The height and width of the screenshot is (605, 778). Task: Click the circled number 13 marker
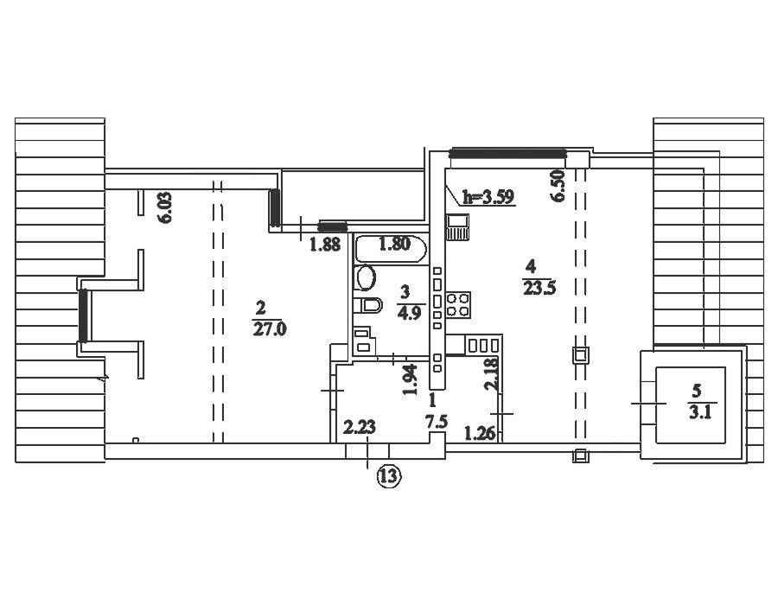(388, 476)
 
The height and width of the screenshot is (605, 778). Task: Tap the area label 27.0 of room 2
(270, 329)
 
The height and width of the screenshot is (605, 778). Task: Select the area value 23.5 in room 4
(539, 288)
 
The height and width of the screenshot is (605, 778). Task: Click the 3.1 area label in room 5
(700, 412)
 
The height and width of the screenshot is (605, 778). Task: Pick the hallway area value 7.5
(437, 422)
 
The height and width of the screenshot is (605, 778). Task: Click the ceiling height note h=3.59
(488, 197)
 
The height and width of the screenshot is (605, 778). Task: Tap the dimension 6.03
(166, 207)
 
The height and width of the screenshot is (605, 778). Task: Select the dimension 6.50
(558, 186)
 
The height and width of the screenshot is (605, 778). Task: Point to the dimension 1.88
(325, 244)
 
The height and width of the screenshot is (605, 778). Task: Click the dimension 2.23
(360, 427)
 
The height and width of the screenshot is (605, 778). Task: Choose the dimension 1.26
(479, 433)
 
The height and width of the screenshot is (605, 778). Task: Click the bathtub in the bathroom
(391, 249)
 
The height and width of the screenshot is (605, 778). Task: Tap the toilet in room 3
(367, 304)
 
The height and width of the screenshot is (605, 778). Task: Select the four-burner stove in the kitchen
(458, 305)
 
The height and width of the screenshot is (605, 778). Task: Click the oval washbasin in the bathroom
(367, 277)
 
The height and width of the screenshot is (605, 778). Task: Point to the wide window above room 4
(507, 153)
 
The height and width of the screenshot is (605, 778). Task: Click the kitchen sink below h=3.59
(457, 227)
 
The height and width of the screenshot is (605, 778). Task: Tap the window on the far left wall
(83, 315)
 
